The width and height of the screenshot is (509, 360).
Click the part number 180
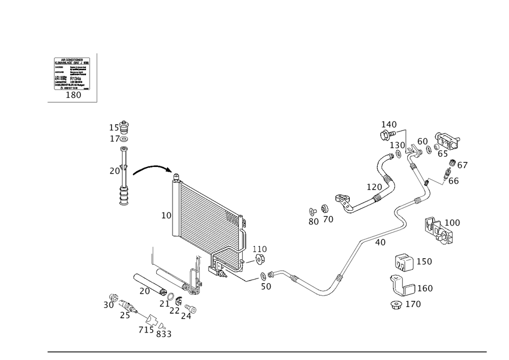[74, 95]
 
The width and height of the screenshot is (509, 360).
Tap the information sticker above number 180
[72, 73]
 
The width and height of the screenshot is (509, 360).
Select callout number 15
[114, 127]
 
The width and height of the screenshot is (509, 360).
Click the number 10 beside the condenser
[166, 216]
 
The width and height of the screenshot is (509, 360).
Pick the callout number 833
[163, 334]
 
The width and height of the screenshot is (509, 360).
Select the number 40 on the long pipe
[380, 242]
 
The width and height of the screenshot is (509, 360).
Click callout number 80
[314, 221]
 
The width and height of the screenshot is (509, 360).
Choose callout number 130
[398, 146]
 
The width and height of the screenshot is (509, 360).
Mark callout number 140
[389, 124]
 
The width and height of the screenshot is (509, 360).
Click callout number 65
[442, 153]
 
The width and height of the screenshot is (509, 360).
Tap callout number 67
[462, 165]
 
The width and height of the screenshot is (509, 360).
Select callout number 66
[454, 180]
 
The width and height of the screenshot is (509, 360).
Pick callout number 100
[452, 223]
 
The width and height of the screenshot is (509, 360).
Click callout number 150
[425, 262]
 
